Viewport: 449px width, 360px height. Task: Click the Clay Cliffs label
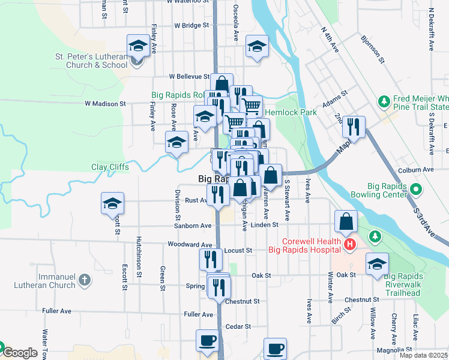110,167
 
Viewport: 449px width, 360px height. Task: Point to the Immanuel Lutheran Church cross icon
85,280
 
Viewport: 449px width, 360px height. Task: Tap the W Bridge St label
191,26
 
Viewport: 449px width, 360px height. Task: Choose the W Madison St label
105,103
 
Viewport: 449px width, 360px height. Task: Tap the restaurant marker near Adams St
354,126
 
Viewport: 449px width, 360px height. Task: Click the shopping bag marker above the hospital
347,221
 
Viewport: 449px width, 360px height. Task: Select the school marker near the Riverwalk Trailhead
376,263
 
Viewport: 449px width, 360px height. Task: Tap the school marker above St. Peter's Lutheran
137,45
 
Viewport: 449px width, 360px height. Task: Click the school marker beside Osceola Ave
256,47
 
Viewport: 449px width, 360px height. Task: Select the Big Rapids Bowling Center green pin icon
416,190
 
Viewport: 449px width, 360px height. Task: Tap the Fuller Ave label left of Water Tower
57,311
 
